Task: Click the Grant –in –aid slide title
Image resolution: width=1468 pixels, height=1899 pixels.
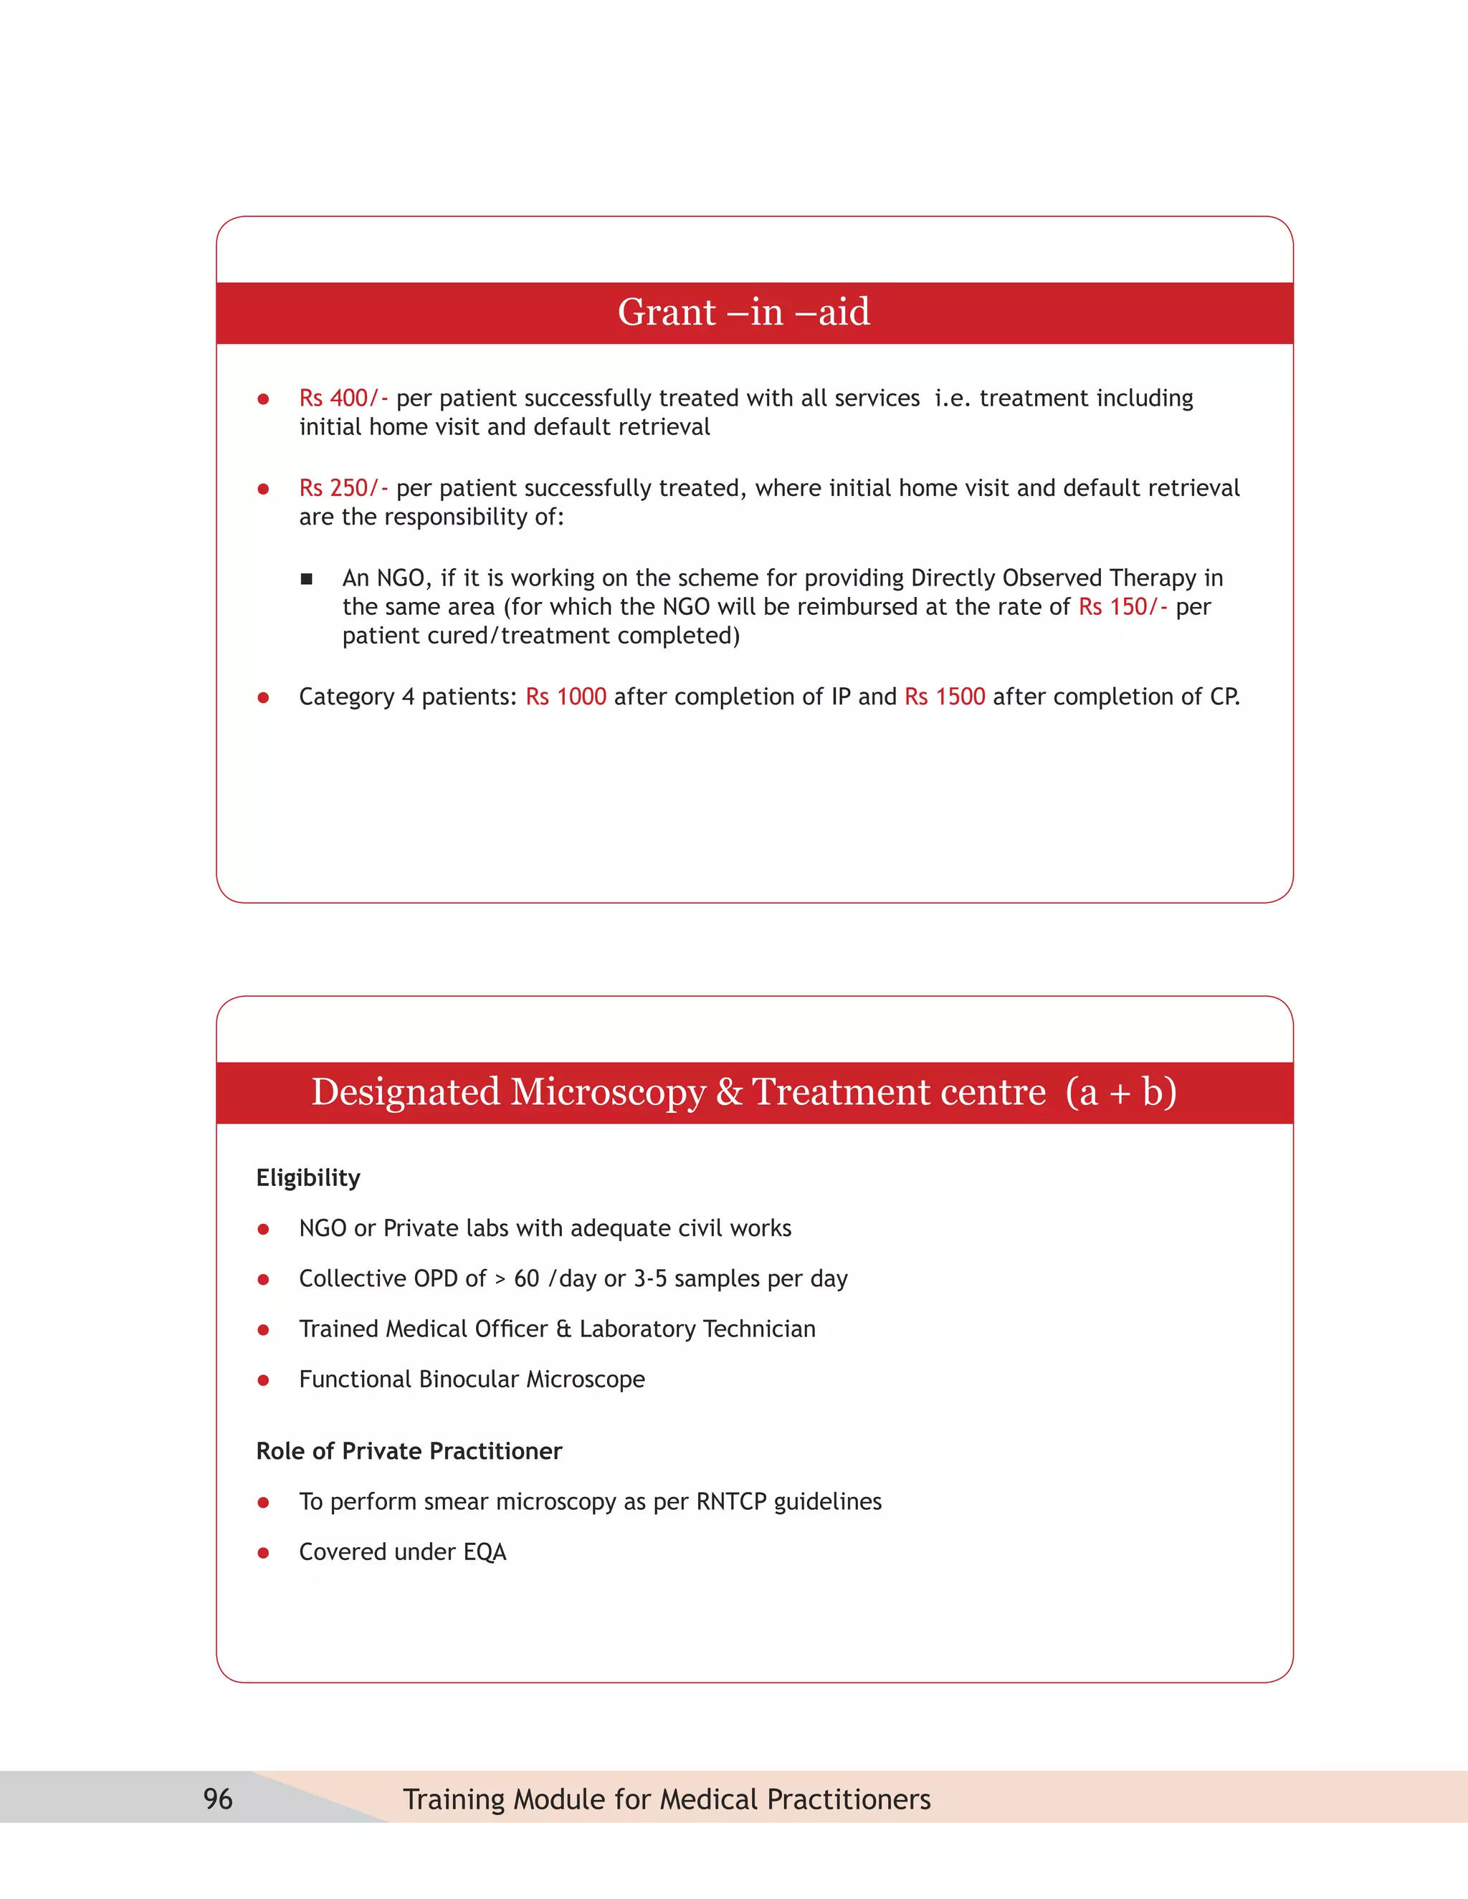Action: pos(743,312)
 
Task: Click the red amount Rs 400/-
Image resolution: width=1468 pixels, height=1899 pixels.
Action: pos(343,398)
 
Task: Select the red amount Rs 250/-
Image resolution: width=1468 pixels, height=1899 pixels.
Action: pos(343,489)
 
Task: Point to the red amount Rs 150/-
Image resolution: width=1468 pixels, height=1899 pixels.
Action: pos(1122,607)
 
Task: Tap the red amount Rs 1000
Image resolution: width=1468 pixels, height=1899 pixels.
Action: pos(566,697)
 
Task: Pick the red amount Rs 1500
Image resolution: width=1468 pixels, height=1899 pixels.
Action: pos(945,697)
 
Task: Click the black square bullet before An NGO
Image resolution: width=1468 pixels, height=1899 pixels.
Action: pos(306,579)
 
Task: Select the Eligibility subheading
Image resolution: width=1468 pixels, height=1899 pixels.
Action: pos(308,1178)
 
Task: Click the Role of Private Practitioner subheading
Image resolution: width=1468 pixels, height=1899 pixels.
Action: pos(409,1451)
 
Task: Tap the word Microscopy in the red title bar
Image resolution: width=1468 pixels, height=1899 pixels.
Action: pos(608,1092)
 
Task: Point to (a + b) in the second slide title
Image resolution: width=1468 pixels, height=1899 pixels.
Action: pos(1121,1092)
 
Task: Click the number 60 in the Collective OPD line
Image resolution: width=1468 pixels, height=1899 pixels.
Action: pos(526,1279)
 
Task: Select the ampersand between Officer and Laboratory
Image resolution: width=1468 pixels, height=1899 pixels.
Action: pos(563,1329)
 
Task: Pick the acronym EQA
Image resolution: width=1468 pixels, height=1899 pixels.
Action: pos(485,1552)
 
